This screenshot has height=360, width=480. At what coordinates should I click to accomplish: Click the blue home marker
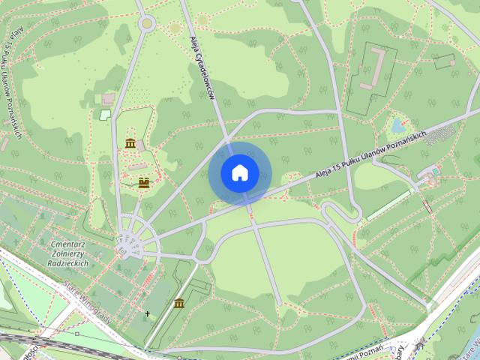pyautogui.click(x=239, y=172)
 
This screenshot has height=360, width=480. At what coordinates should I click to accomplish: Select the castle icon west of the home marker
pyautogui.click(x=142, y=181)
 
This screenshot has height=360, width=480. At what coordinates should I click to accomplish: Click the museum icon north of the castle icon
pyautogui.click(x=130, y=142)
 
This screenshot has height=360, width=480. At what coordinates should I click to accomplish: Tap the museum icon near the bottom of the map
pyautogui.click(x=179, y=303)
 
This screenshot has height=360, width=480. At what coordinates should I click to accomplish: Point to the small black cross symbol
pyautogui.click(x=147, y=313)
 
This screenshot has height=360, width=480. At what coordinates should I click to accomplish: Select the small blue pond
pyautogui.click(x=397, y=124)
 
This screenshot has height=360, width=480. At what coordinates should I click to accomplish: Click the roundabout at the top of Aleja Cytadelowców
pyautogui.click(x=146, y=23)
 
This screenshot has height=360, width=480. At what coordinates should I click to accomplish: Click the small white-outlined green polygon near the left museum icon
pyautogui.click(x=104, y=115)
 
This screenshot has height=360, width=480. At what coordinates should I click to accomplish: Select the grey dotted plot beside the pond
pyautogui.click(x=439, y=135)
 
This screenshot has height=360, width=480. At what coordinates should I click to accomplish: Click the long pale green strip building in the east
pyautogui.click(x=388, y=205)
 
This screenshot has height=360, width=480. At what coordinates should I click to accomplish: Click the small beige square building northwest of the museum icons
pyautogui.click(x=109, y=99)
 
